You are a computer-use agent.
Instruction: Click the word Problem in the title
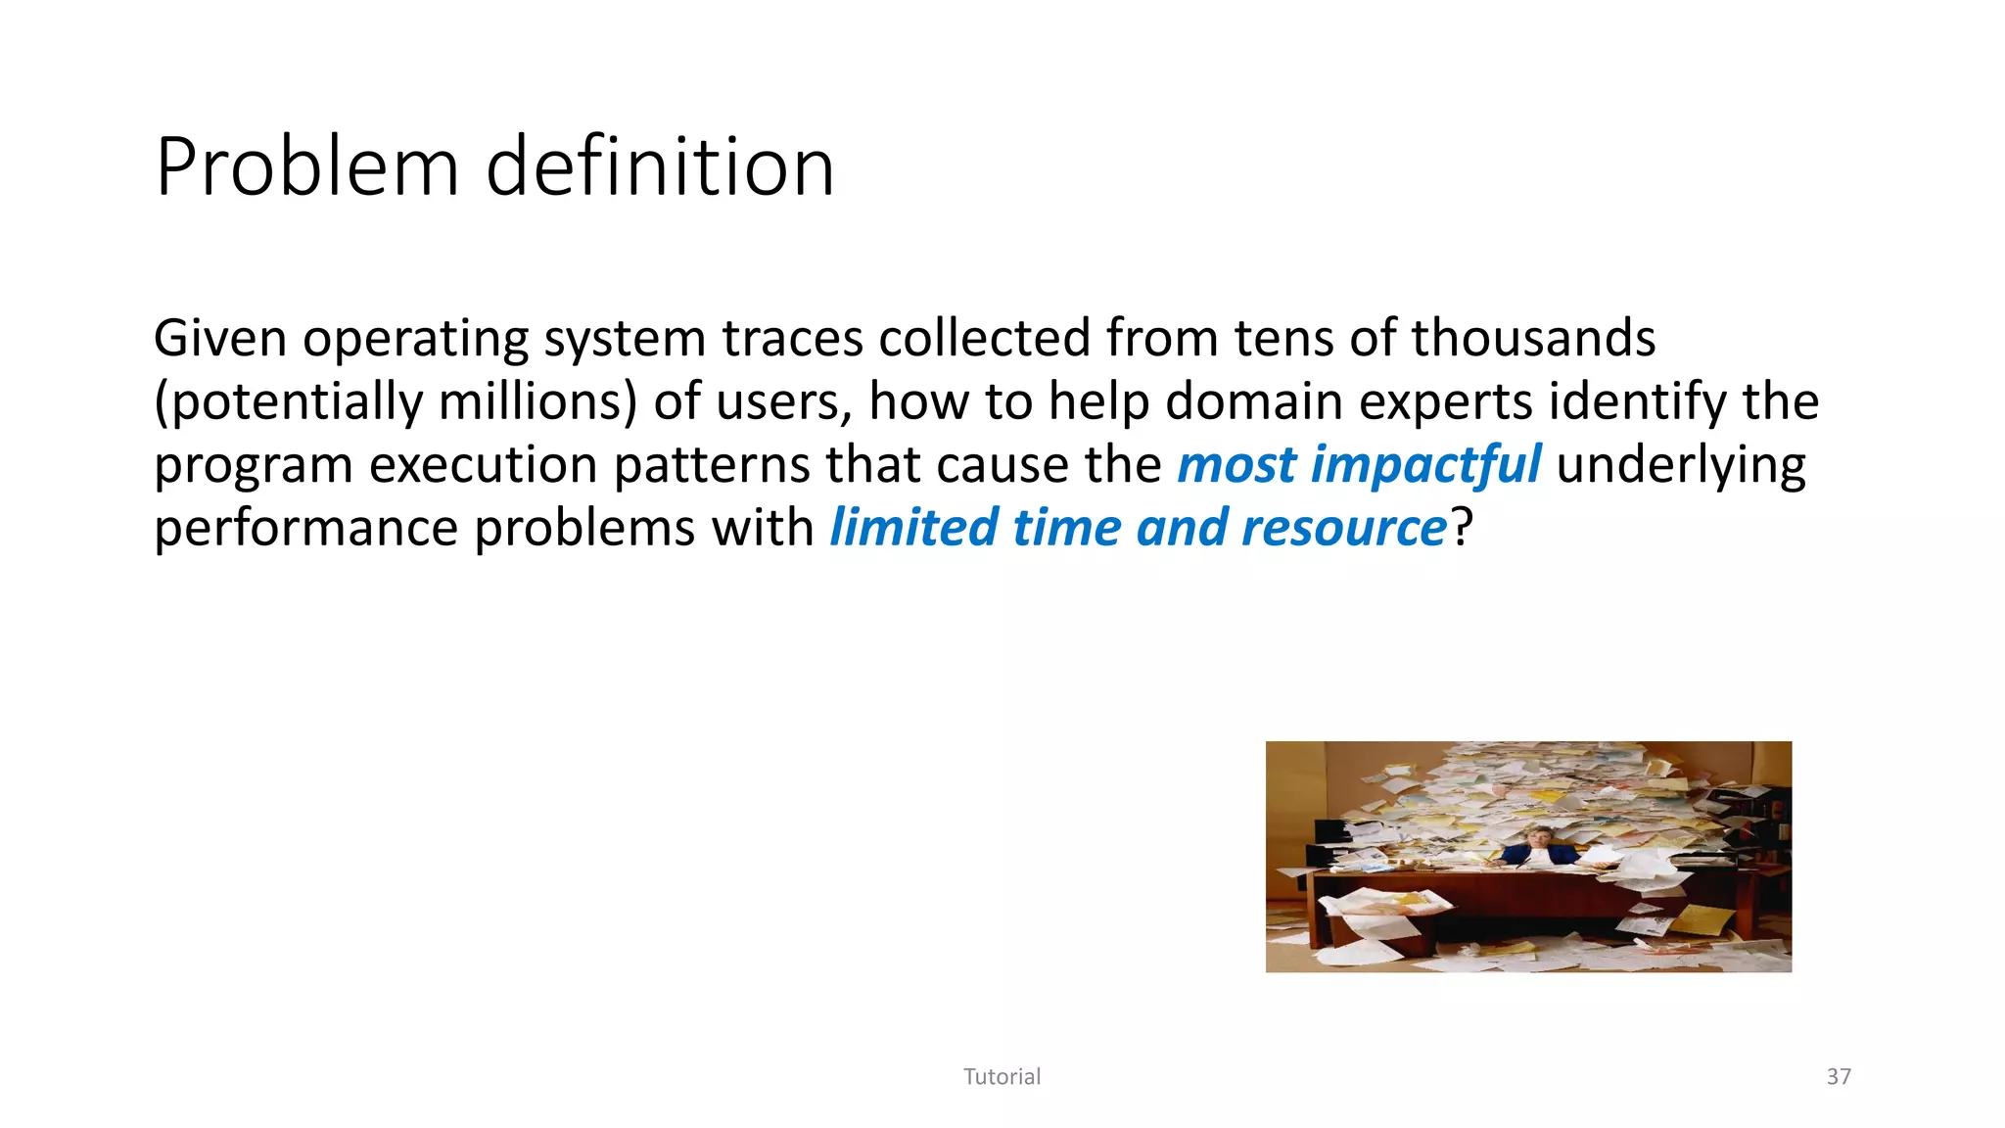pyautogui.click(x=306, y=167)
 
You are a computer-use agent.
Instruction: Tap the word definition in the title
pyautogui.click(x=660, y=167)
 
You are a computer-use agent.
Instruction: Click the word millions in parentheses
pyautogui.click(x=529, y=402)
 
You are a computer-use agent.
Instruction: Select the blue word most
pyautogui.click(x=1236, y=465)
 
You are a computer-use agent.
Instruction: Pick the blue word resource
pyautogui.click(x=1343, y=529)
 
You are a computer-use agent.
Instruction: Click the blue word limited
pyautogui.click(x=913, y=529)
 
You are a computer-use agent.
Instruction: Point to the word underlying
pyautogui.click(x=1680, y=465)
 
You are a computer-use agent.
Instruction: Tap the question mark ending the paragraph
pyautogui.click(x=1462, y=529)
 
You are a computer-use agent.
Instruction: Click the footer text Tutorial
pyautogui.click(x=1002, y=1077)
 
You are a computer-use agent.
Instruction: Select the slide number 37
pyautogui.click(x=1839, y=1077)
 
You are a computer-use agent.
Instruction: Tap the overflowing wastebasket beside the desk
pyautogui.click(x=1380, y=916)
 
